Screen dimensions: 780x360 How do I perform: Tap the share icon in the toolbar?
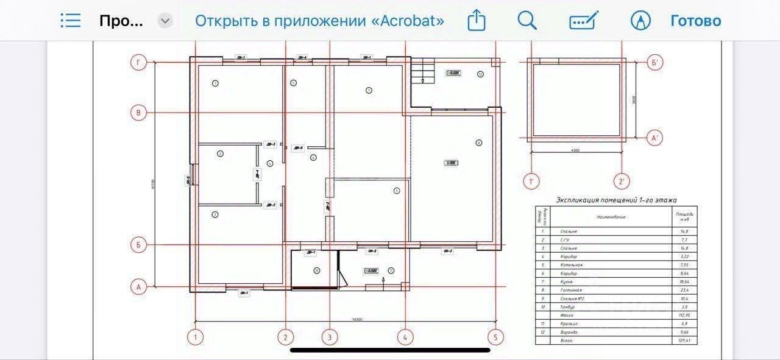pyautogui.click(x=477, y=21)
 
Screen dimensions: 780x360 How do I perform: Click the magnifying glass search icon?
pyautogui.click(x=526, y=21)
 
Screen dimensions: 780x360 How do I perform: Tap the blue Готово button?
pyautogui.click(x=695, y=21)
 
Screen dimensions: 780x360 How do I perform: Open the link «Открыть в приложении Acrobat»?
pyautogui.click(x=319, y=21)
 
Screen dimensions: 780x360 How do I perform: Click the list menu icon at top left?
pyautogui.click(x=71, y=21)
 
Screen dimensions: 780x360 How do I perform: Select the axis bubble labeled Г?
pyautogui.click(x=138, y=62)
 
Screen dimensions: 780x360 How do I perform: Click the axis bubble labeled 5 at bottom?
pyautogui.click(x=495, y=337)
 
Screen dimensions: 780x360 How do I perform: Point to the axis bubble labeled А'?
pyautogui.click(x=655, y=138)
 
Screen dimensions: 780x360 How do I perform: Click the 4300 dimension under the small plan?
pyautogui.click(x=575, y=150)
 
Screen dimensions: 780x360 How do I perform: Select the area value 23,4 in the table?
pyautogui.click(x=684, y=290)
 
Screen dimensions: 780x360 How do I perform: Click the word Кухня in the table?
pyautogui.click(x=568, y=282)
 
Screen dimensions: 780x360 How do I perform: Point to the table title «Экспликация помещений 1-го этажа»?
pyautogui.click(x=616, y=200)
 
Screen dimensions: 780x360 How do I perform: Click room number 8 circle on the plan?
pyautogui.click(x=479, y=143)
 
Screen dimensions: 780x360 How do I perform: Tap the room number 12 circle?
pyautogui.click(x=480, y=74)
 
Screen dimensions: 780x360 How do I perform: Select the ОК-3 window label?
pyautogui.click(x=448, y=251)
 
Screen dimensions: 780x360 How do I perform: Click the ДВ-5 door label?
pyautogui.click(x=298, y=147)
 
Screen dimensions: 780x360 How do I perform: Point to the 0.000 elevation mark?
pyautogui.click(x=452, y=163)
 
